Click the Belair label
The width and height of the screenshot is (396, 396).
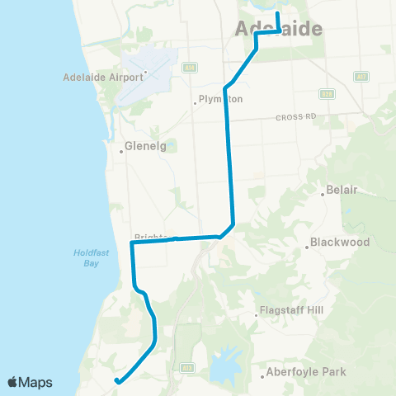pyautogui.click(x=342, y=190)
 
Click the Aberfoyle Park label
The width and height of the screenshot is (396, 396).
pyautogui.click(x=306, y=373)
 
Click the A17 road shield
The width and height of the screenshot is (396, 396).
pyautogui.click(x=361, y=76)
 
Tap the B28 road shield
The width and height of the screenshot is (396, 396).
pyautogui.click(x=328, y=94)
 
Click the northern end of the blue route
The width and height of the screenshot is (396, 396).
pyautogui.click(x=277, y=13)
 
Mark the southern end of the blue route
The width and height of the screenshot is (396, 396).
pyautogui.click(x=117, y=381)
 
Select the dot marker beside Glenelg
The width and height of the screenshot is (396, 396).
pyautogui.click(x=121, y=151)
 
